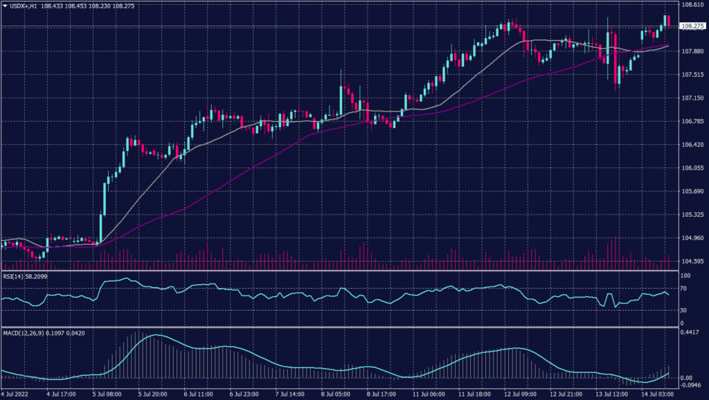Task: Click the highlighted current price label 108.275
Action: pyautogui.click(x=692, y=26)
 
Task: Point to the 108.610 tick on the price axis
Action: pyautogui.click(x=692, y=4)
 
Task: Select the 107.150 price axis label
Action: pyautogui.click(x=692, y=98)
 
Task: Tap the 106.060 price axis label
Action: pyautogui.click(x=692, y=167)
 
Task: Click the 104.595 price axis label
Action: pyautogui.click(x=692, y=261)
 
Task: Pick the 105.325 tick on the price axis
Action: pyautogui.click(x=692, y=215)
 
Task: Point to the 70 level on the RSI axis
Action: pyautogui.click(x=685, y=291)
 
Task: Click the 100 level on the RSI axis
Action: pyautogui.click(x=686, y=275)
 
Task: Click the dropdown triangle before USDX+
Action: pyautogui.click(x=5, y=5)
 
